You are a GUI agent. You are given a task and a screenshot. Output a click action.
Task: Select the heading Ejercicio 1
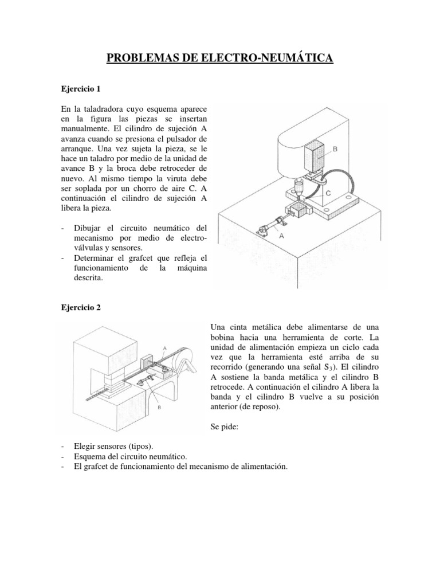[81, 89]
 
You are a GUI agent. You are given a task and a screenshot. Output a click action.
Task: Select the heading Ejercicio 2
[81, 307]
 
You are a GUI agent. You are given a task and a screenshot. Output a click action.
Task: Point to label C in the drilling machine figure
[328, 194]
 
